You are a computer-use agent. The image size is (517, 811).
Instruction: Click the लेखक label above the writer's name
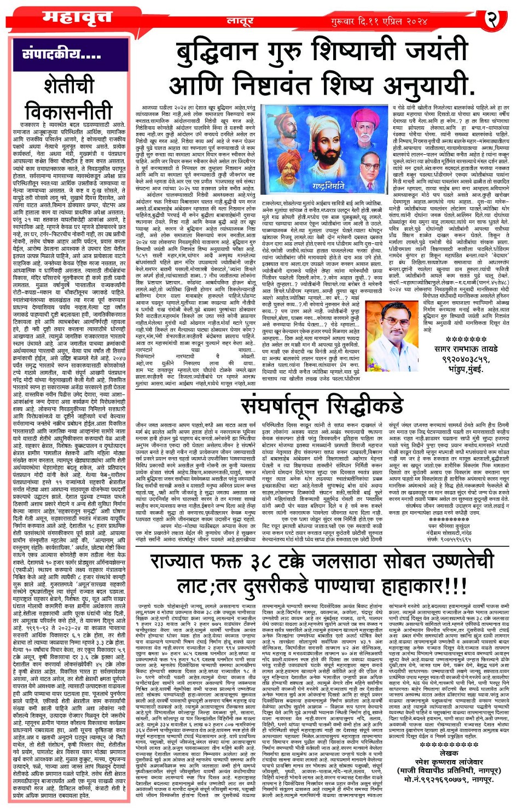(x=449, y=753)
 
